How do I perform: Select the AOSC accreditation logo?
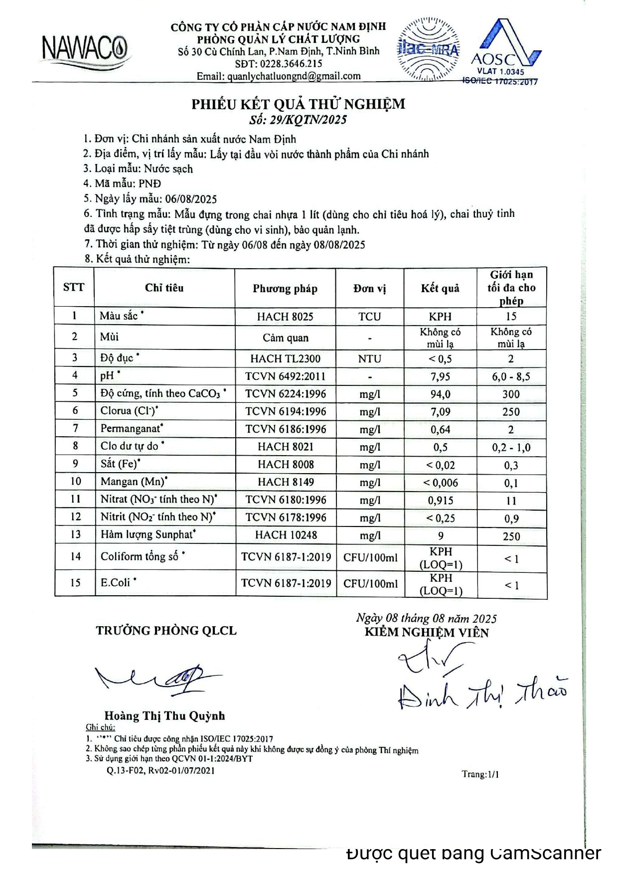[x=504, y=52]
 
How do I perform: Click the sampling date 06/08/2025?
[x=191, y=199]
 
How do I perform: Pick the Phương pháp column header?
[x=285, y=288]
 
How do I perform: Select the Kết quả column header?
[x=440, y=288]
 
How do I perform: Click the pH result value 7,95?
[x=440, y=376]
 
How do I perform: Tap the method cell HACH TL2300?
[x=285, y=358]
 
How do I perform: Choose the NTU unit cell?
[x=369, y=358]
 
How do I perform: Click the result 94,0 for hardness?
[x=441, y=394]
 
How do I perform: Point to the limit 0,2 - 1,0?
[x=511, y=447]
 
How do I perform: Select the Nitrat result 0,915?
[x=441, y=500]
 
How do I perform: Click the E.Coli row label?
[x=116, y=582]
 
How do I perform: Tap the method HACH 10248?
[x=286, y=535]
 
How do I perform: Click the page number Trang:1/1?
[x=480, y=774]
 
